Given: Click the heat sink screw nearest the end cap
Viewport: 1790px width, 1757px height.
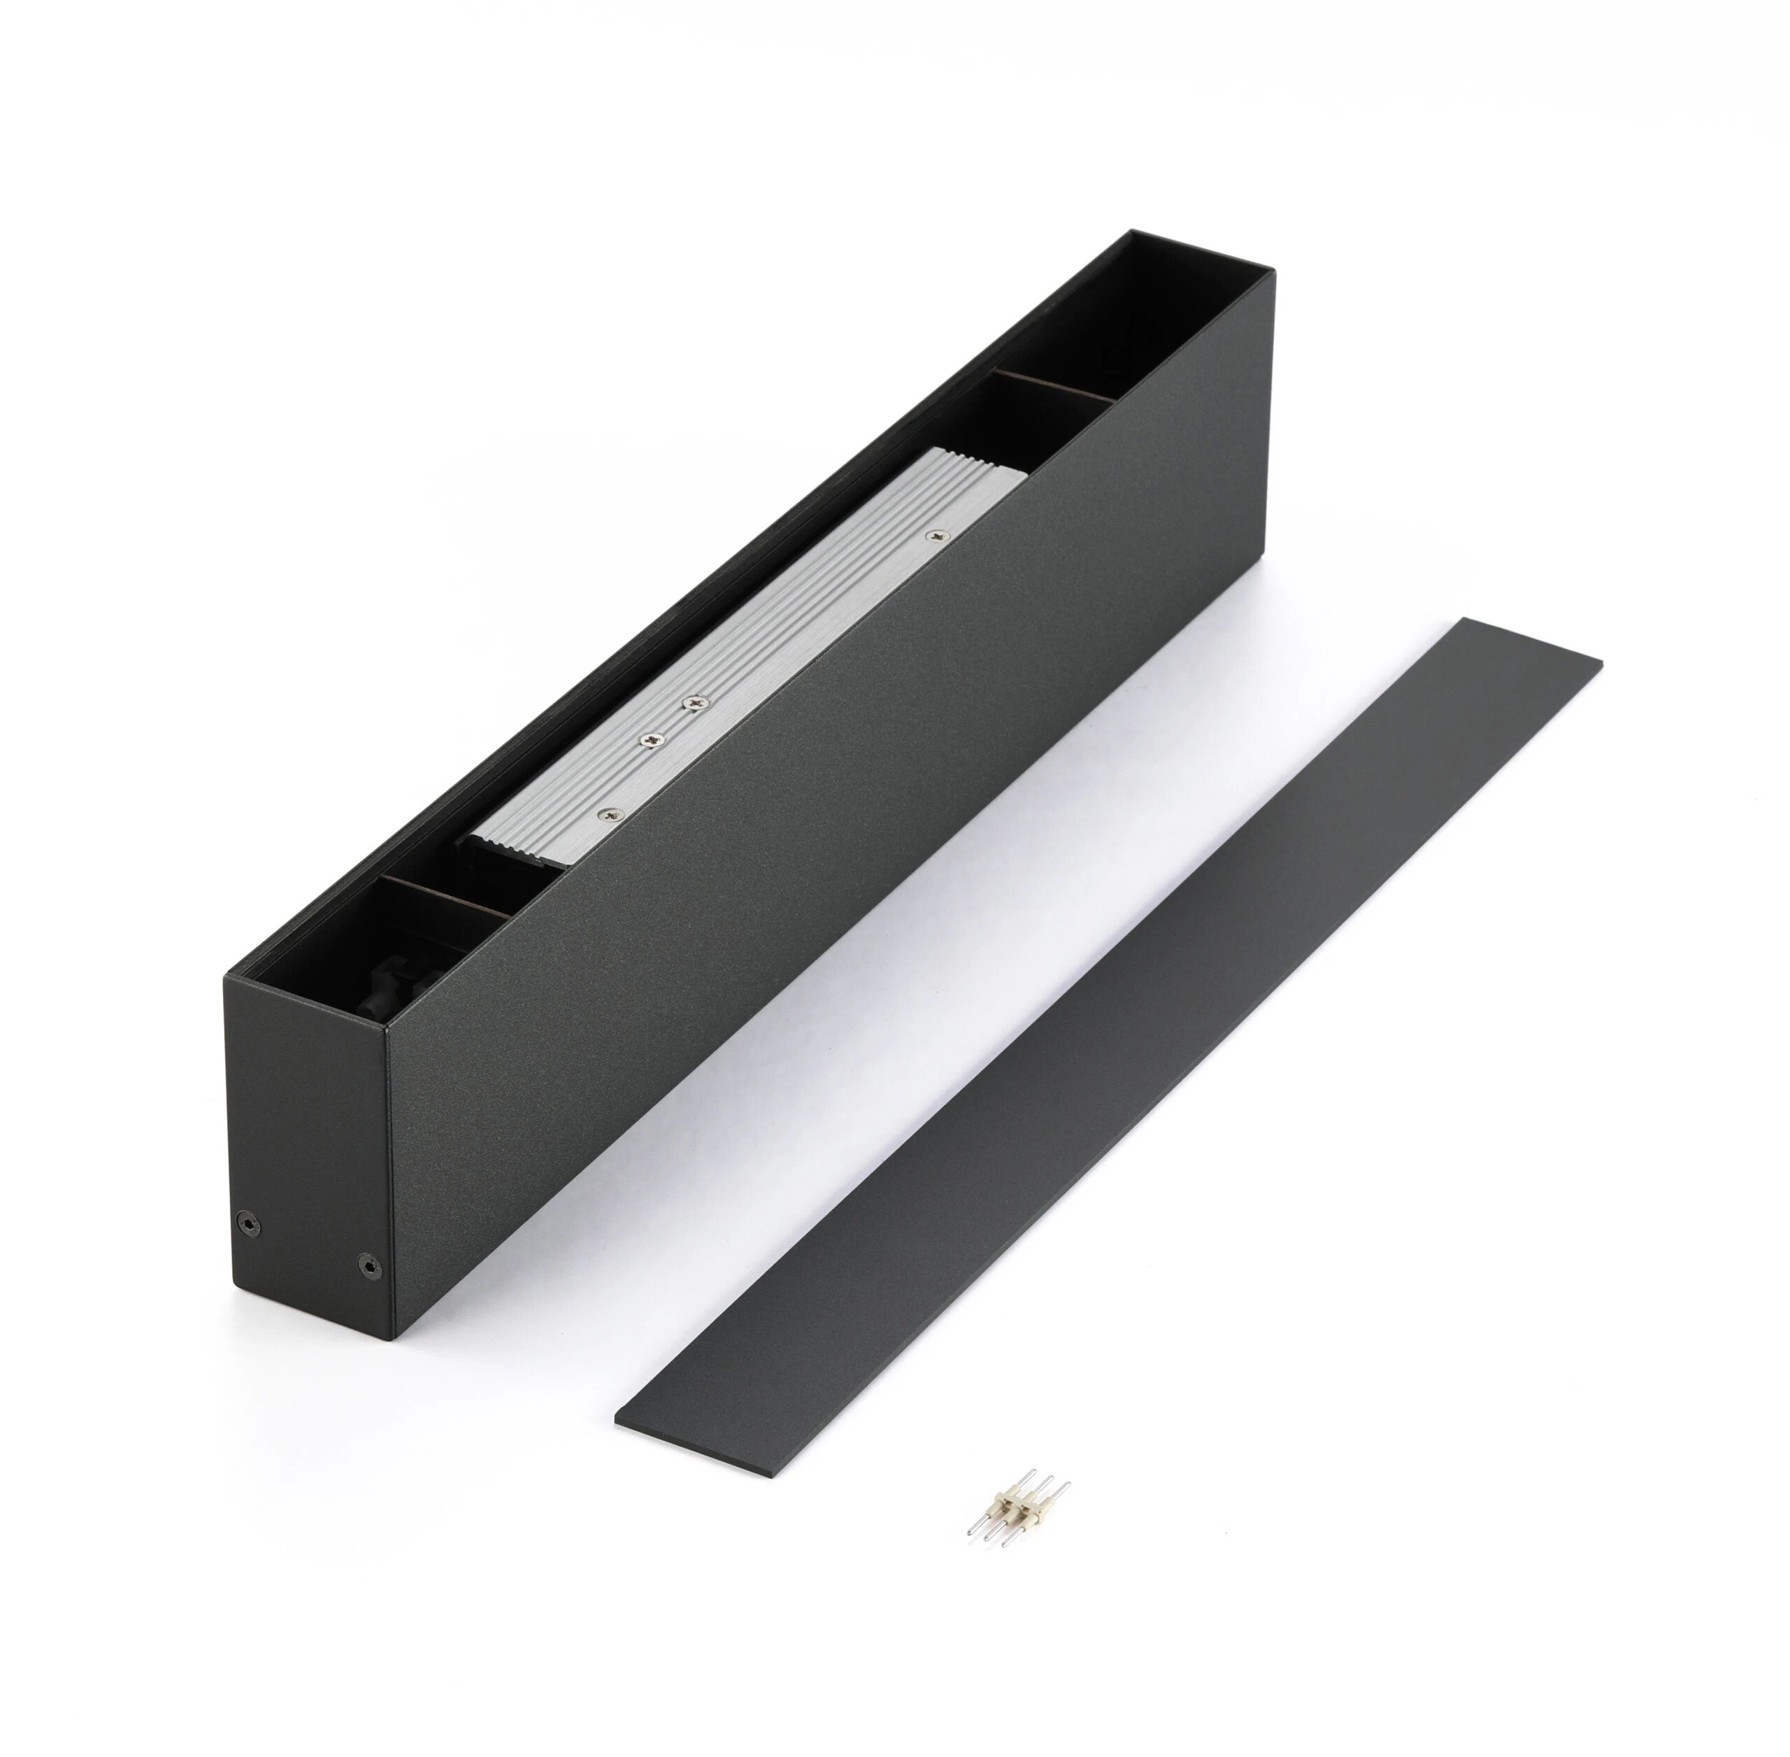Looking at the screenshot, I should coord(610,814).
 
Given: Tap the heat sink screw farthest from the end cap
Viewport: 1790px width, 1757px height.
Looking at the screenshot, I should coord(938,534).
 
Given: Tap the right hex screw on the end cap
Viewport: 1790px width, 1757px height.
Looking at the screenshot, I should coord(368,1266).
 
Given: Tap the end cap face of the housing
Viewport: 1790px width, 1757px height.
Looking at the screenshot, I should coord(309,1153).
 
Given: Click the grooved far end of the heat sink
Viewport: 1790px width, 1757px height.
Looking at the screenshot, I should coord(978,471).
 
